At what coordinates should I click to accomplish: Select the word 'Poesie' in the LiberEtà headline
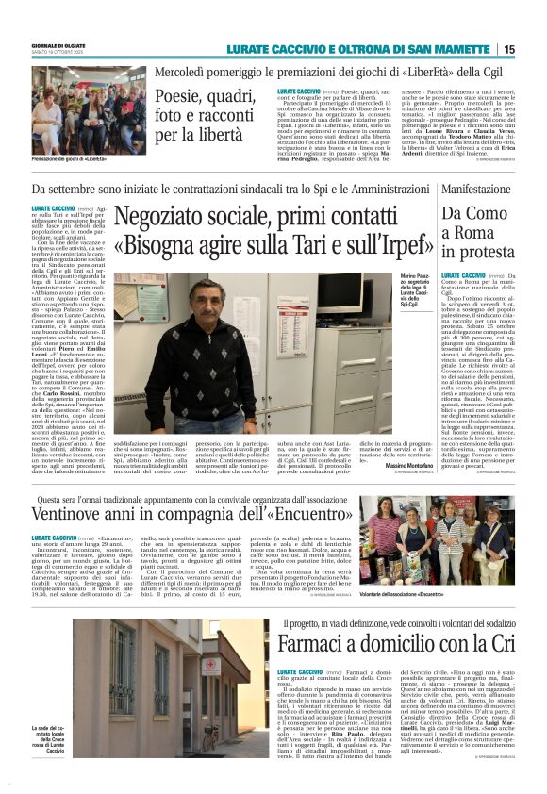tap(185, 96)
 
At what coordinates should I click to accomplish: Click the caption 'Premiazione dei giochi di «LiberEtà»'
tap(73, 157)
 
